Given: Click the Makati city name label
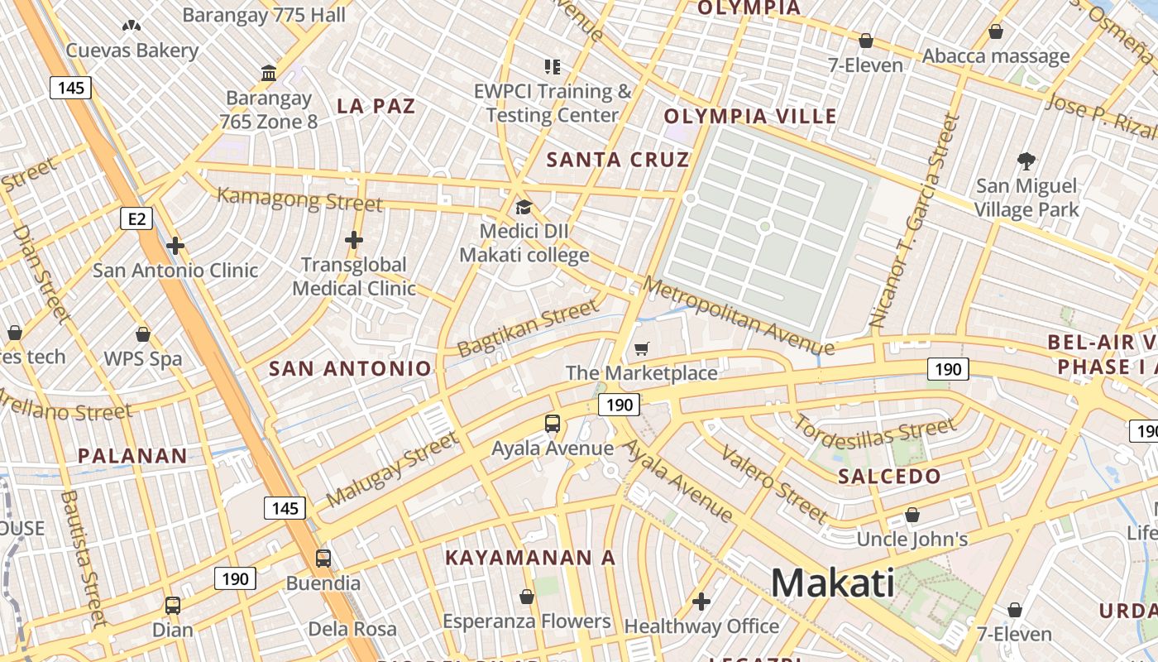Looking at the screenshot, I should click(832, 583).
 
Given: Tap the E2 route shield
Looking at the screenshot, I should click(136, 218).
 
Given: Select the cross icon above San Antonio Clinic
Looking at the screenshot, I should click(175, 246).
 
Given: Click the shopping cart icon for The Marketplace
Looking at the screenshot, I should click(642, 349).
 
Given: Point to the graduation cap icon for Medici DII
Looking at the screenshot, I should click(524, 207).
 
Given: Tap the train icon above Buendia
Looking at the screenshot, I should click(323, 559).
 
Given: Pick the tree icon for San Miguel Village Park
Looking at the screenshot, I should click(1026, 161).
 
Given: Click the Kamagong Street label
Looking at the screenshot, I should click(299, 199).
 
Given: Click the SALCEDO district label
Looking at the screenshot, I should click(889, 476).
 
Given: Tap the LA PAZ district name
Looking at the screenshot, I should click(376, 106).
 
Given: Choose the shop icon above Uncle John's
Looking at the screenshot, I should click(912, 516).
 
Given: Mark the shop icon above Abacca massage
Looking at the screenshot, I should click(996, 32).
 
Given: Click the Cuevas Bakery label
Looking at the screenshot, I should click(132, 50).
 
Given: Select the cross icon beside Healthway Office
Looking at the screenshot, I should click(701, 602).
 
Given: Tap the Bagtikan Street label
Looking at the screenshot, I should click(527, 329).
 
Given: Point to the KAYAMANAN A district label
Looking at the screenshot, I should click(530, 558).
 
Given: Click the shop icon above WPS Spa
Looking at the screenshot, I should click(143, 335).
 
